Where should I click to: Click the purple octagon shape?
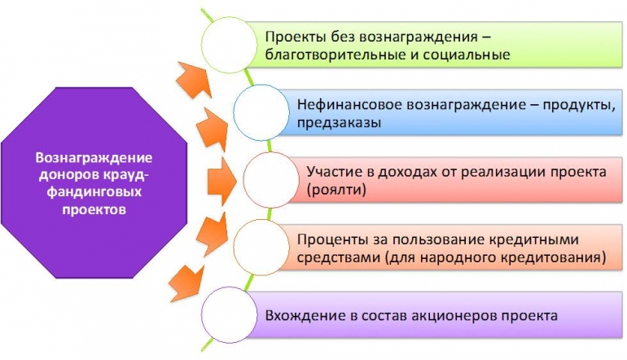point(94,182)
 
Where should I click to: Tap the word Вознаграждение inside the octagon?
point(94,157)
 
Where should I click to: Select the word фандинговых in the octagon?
point(94,191)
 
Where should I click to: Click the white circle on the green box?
point(229,45)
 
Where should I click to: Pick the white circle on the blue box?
point(261,112)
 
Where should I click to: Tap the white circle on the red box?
point(271,180)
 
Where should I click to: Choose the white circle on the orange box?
point(261,248)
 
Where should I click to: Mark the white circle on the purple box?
point(229,315)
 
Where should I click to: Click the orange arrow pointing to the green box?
point(195,80)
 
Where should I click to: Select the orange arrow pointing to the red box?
point(222,181)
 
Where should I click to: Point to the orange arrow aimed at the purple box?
point(186,283)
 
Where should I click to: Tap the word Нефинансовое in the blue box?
point(349,105)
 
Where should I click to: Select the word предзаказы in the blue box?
point(339,122)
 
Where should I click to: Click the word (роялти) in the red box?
point(336,189)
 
